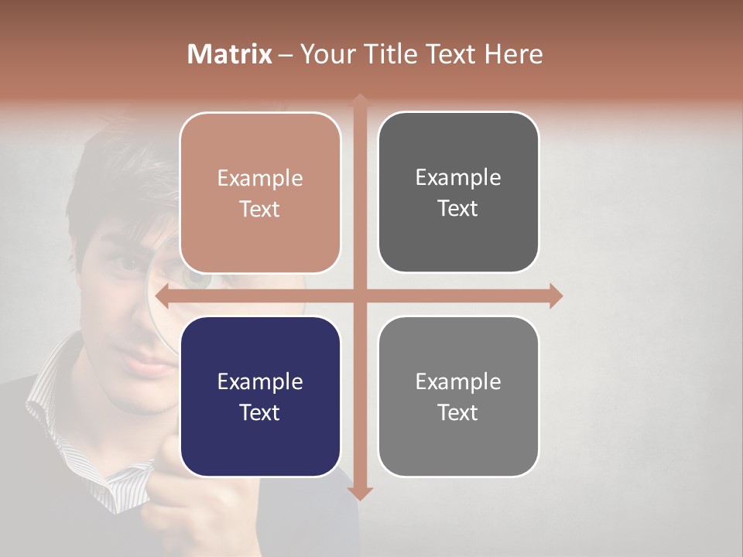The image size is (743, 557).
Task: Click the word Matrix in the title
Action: [230, 54]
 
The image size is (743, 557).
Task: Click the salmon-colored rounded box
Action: [260, 193]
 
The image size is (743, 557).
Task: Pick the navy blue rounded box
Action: [260, 397]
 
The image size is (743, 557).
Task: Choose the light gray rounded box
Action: [458, 396]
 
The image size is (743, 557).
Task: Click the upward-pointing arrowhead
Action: [360, 101]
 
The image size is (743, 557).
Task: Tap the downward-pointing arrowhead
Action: [360, 493]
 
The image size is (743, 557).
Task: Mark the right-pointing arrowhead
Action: [556, 296]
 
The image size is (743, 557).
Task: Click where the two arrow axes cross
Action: [360, 296]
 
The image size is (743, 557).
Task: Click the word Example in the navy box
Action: [260, 381]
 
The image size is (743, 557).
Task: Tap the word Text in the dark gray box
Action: [458, 208]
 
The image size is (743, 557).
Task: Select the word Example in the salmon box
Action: [260, 178]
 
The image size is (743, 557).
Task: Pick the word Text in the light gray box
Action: [458, 412]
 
